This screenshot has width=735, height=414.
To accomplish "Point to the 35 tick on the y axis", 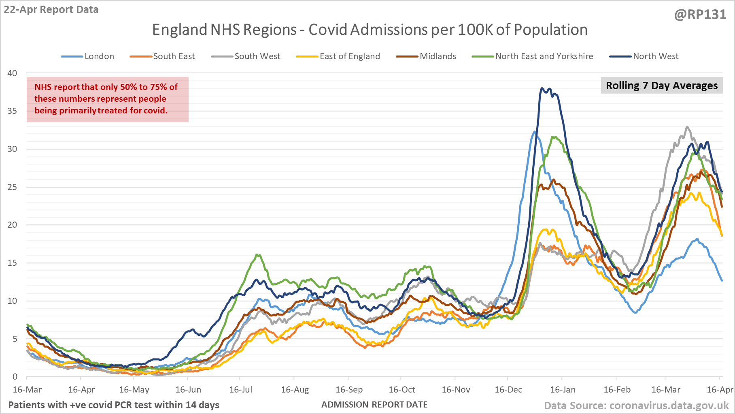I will [13, 111].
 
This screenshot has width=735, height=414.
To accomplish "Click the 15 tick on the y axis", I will [13, 263].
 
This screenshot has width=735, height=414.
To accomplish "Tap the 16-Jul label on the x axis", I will [240, 390].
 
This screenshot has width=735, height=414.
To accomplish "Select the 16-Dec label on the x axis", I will [508, 390].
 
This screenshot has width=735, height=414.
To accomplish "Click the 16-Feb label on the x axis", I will [617, 390].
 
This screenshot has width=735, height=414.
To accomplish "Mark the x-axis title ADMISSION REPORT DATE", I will [374, 405].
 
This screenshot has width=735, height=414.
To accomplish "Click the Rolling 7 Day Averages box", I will [661, 85].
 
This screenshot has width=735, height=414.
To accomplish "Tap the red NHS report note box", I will [108, 99].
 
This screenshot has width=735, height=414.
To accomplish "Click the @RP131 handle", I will [700, 15].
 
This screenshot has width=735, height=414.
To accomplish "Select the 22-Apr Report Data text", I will [51, 10].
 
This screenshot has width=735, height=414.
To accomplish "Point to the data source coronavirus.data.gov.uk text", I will [636, 405].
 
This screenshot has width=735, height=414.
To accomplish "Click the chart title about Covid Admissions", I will [370, 30].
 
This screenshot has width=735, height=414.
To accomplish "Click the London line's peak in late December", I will [535, 132].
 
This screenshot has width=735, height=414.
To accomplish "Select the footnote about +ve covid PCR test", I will [114, 405].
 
